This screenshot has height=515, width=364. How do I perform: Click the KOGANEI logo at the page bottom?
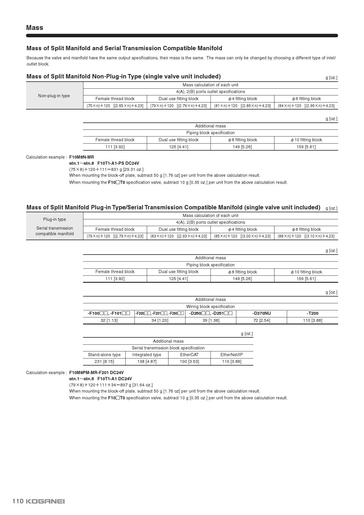(x=45, y=501)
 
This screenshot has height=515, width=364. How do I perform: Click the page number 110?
(x=18, y=501)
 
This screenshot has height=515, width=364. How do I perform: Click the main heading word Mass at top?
(x=35, y=28)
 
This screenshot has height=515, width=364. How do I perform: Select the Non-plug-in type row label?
(x=54, y=96)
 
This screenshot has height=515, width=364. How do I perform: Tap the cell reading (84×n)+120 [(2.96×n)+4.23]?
(x=306, y=106)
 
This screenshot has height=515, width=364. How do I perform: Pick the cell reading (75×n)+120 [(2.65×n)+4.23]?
(x=115, y=106)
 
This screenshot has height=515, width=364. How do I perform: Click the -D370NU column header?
(x=261, y=313)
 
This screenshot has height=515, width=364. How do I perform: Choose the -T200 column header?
(x=312, y=313)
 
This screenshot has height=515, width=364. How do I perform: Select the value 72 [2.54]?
(x=261, y=320)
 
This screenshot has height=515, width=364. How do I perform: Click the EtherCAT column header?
(x=189, y=355)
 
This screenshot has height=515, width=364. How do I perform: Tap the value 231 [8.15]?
(x=104, y=361)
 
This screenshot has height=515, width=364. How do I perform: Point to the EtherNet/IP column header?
(x=231, y=355)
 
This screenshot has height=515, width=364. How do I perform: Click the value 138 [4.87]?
(x=147, y=361)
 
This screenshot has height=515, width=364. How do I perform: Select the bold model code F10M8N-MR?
(x=82, y=157)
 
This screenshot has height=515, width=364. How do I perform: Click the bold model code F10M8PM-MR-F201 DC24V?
(x=96, y=373)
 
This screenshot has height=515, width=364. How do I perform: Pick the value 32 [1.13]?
(x=109, y=320)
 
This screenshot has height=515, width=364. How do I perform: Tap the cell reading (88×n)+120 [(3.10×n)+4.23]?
(x=306, y=236)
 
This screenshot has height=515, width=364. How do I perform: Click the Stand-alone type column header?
(x=104, y=355)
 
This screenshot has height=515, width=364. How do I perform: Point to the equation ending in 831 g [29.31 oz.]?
(x=106, y=169)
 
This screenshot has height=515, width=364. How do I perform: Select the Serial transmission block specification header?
(x=168, y=348)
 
